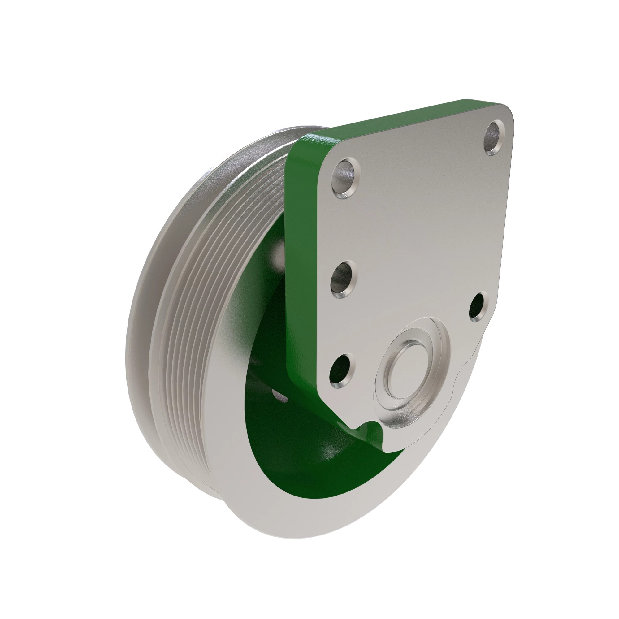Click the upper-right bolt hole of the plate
[x=494, y=137]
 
